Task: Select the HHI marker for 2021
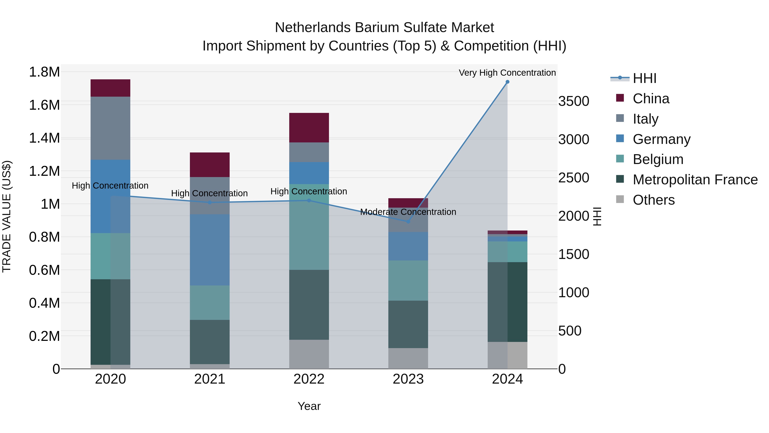(210, 203)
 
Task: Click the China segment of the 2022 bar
(309, 128)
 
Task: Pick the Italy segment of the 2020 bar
(110, 128)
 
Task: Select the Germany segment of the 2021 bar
(210, 250)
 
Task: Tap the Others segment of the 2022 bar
(309, 354)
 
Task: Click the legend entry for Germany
(661, 139)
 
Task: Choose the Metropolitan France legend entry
(695, 180)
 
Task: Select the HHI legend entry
(644, 78)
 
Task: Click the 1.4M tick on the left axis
(44, 138)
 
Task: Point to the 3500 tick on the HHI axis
(574, 101)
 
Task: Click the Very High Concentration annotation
(507, 73)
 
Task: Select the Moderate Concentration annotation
(408, 212)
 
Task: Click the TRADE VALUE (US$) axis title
(7, 216)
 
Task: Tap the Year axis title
(309, 406)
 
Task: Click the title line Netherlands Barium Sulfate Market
(384, 28)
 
